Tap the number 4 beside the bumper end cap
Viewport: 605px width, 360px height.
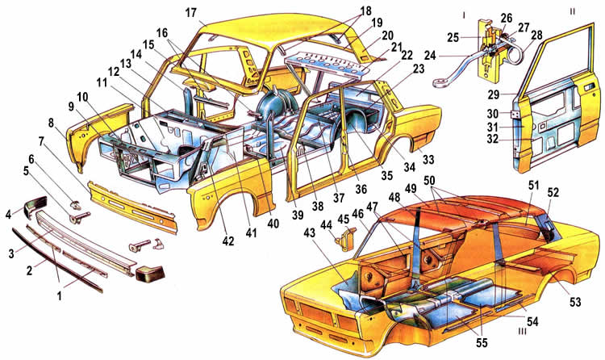pos(9,214)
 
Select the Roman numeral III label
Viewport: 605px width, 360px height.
pos(523,331)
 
